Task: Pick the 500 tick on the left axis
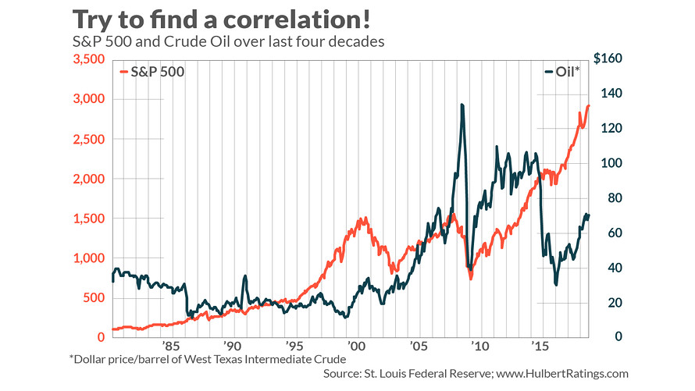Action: tap(93, 298)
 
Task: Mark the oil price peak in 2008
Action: tap(462, 105)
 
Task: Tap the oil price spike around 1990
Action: tap(245, 276)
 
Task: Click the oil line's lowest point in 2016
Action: tap(556, 284)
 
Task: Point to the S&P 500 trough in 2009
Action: tap(471, 278)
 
